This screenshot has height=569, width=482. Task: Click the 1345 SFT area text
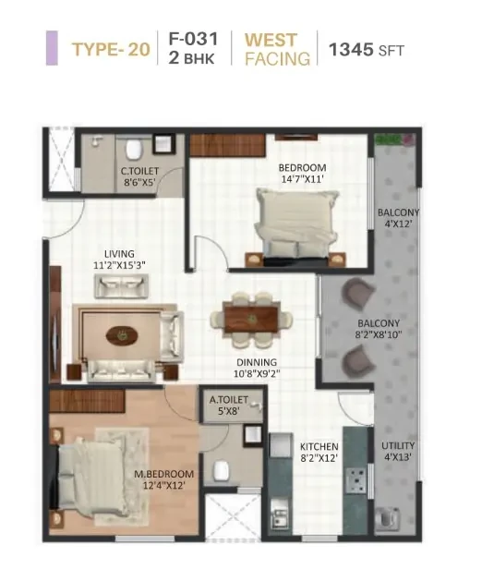coord(366,50)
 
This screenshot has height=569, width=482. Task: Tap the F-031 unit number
coord(193,39)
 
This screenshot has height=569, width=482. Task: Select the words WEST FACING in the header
coord(277,49)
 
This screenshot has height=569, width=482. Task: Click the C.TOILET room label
coord(139,176)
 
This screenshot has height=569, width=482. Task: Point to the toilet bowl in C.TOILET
coord(134,150)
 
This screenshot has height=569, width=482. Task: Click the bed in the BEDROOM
coord(297,225)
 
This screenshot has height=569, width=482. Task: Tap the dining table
coord(251,320)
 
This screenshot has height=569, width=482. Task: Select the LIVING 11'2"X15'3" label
coord(119,260)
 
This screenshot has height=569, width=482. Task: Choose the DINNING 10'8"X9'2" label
coord(257,368)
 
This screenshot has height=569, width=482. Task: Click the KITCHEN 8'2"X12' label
coord(319,453)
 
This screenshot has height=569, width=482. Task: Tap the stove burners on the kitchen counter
coord(355,480)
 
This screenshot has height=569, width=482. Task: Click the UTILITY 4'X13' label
coord(398,451)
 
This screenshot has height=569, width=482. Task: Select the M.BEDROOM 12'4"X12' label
coord(164,479)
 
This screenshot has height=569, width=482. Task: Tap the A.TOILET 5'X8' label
coord(229,405)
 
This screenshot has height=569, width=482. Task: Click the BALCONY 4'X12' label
coord(398,218)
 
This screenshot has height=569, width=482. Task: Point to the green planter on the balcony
coord(395,139)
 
